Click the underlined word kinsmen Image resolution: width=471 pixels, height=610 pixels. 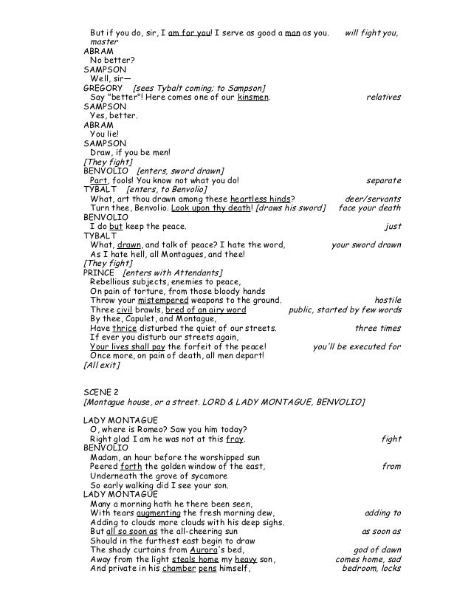point(253,97)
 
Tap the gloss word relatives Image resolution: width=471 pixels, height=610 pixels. point(383,97)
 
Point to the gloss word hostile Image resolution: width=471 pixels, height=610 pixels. point(388,301)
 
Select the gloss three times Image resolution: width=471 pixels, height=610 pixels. point(378,328)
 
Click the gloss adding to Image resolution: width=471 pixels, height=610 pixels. point(383,513)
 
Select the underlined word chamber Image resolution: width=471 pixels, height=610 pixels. point(179,568)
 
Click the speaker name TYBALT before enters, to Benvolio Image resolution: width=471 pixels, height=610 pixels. point(100,189)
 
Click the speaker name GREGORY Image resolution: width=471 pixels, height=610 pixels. point(104,88)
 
